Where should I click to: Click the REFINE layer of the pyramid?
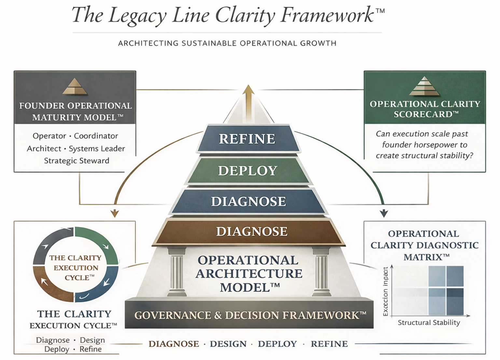pyautogui.click(x=247, y=139)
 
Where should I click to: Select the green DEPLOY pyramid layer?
pyautogui.click(x=247, y=171)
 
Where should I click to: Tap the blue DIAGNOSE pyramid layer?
pyautogui.click(x=248, y=202)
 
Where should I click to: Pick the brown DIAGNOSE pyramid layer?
pyautogui.click(x=252, y=232)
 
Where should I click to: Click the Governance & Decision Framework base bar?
pyautogui.click(x=250, y=315)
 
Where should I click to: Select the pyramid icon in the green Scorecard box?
pyautogui.click(x=424, y=86)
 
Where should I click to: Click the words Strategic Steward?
pyautogui.click(x=76, y=161)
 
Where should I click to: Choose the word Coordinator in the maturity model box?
pyautogui.click(x=96, y=136)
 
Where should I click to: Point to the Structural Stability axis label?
pyautogui.click(x=429, y=323)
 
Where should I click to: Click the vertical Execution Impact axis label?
pyautogui.click(x=385, y=291)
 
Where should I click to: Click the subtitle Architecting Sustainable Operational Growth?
pyautogui.click(x=227, y=43)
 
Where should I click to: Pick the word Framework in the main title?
pyautogui.click(x=327, y=15)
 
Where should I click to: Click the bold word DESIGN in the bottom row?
pyautogui.click(x=228, y=344)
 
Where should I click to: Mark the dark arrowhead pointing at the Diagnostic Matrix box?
pyautogui.click(x=384, y=213)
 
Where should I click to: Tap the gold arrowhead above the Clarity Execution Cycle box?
pyautogui.click(x=115, y=213)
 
